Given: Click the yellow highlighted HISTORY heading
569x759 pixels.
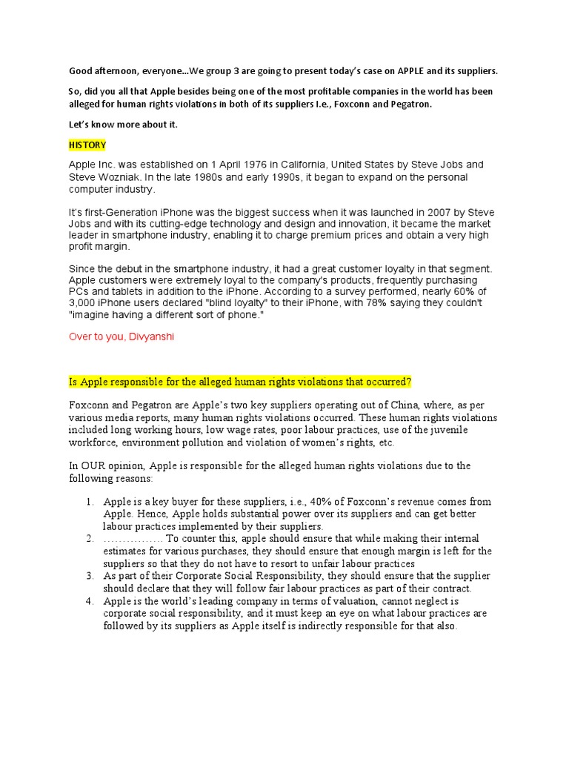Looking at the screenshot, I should point(87,145).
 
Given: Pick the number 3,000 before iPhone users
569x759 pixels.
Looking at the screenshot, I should point(84,304).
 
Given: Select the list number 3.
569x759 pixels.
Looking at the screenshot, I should point(89,576).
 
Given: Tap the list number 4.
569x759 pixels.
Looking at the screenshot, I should point(89,601).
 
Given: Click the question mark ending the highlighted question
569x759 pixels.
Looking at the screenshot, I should point(410,381).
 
